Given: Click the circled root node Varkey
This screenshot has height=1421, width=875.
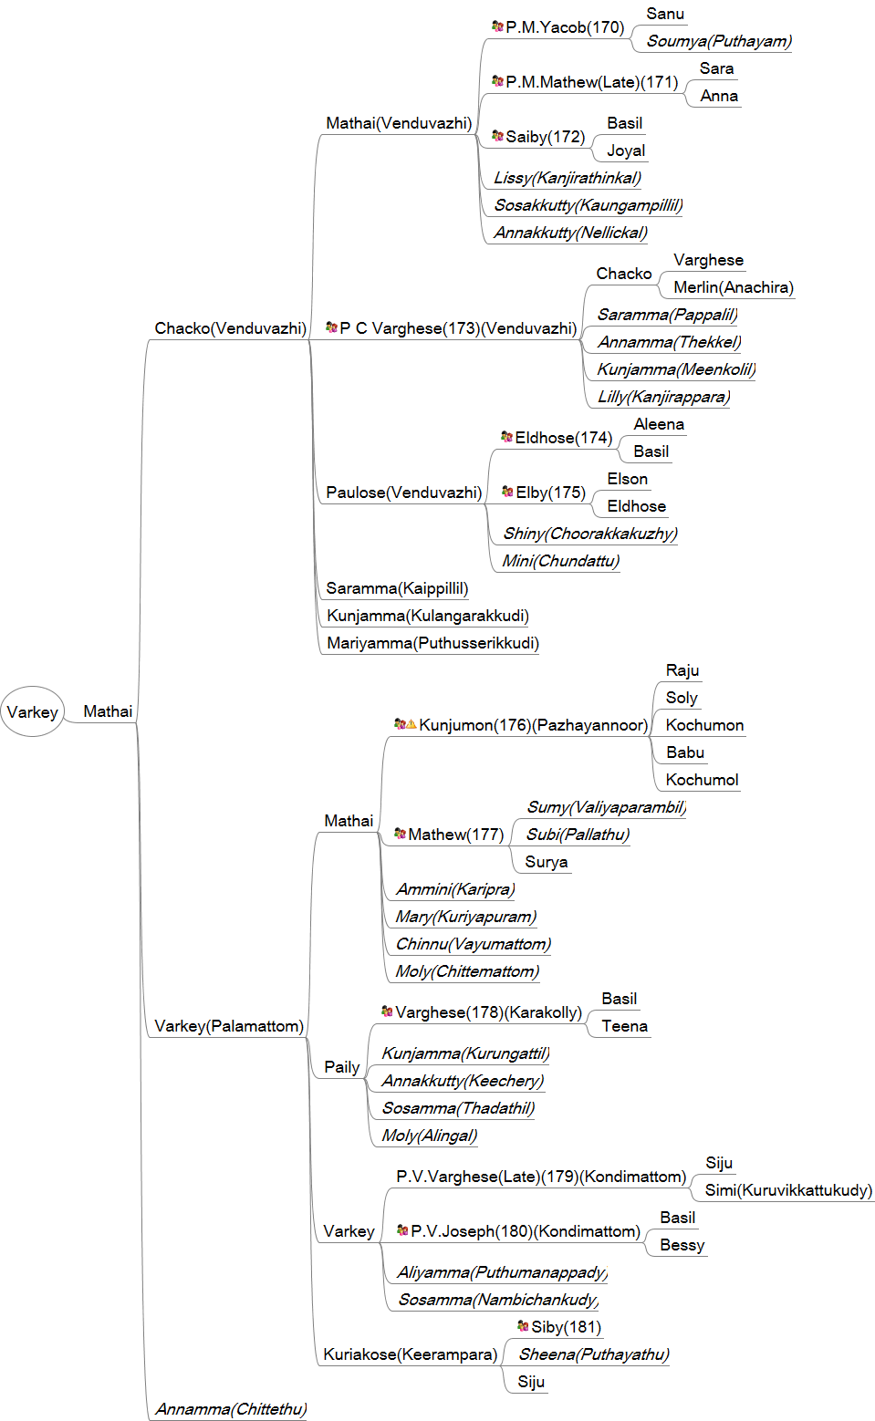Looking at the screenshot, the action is (32, 711).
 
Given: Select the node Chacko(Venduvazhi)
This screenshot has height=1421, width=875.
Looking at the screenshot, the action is (230, 328).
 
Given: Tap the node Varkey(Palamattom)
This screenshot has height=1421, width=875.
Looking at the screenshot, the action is (229, 1026).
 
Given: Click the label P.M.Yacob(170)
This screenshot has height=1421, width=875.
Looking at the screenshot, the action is (565, 27).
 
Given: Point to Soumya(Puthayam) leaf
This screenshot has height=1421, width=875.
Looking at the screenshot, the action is (719, 41).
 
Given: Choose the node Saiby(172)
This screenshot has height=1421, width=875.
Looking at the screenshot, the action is (545, 137).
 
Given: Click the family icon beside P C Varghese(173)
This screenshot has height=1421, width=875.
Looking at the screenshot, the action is (331, 327).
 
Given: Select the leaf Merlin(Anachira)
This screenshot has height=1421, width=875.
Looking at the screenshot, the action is (734, 287).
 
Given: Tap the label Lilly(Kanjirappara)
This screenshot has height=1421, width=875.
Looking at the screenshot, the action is (663, 397).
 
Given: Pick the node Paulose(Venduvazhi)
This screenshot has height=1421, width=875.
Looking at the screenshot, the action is (403, 493).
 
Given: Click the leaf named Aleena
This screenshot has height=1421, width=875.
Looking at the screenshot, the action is (659, 424).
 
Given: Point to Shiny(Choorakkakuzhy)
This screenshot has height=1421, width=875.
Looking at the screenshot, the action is (590, 534).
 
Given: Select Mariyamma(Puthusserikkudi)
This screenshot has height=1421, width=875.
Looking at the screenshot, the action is (432, 643).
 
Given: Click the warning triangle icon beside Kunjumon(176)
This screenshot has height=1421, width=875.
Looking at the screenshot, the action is (411, 724).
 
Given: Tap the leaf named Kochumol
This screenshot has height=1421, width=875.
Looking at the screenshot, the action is (702, 780).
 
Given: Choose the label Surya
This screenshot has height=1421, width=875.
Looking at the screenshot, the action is (547, 862).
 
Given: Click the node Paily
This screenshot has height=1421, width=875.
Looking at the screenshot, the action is (341, 1067).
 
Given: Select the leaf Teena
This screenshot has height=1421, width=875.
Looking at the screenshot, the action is (624, 1026).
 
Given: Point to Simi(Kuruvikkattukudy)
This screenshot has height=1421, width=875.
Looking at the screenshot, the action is (788, 1190).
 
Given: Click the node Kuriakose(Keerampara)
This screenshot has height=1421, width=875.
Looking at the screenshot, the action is (410, 1354).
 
